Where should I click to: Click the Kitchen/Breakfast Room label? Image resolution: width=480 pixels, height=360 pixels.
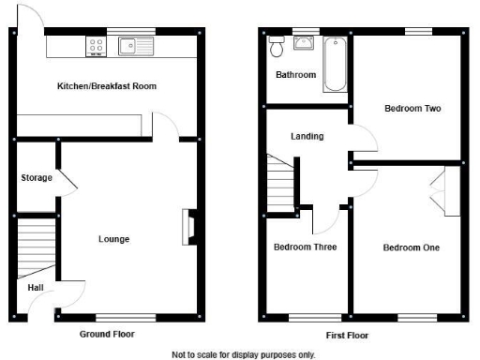tap(106, 86)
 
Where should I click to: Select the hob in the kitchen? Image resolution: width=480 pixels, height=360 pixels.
tap(96, 43)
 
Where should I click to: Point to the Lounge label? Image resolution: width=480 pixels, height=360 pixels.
tap(114, 239)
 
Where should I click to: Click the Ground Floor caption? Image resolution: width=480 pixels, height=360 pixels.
tap(107, 334)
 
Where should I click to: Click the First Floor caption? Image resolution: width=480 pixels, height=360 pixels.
tap(348, 334)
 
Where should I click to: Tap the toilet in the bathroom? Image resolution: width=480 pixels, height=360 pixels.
tap(277, 46)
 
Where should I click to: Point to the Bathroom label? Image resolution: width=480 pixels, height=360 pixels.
tap(295, 74)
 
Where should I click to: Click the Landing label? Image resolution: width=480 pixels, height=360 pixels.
tap(307, 136)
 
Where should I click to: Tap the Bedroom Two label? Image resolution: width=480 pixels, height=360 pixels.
tap(412, 109)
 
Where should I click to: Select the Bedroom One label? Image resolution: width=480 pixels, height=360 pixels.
tap(411, 247)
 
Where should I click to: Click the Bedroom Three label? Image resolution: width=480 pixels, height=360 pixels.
tap(305, 247)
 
